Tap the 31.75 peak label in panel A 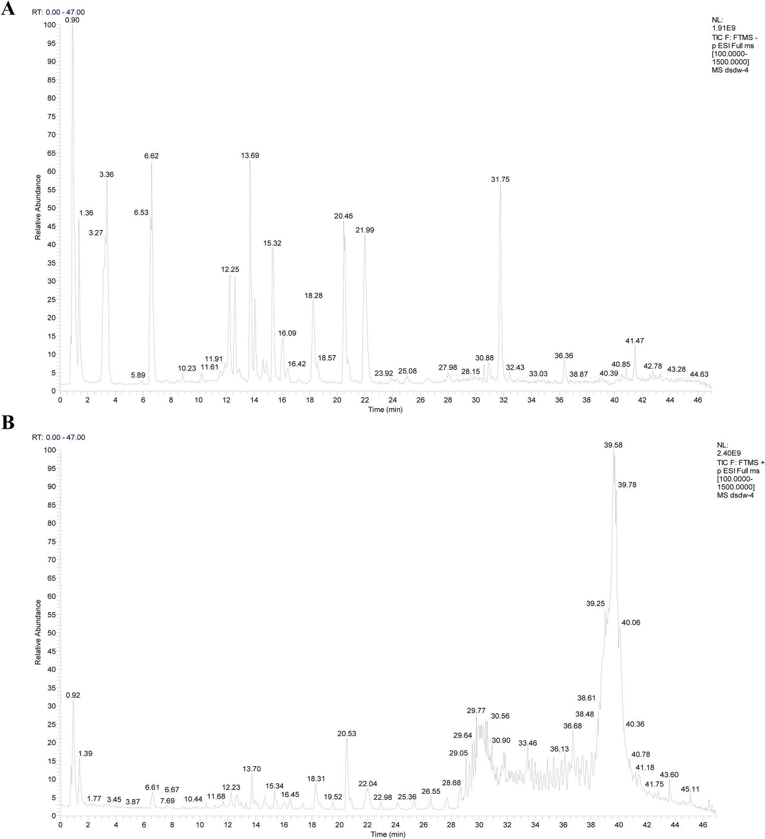500,179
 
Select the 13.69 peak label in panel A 250,155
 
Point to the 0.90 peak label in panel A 72,20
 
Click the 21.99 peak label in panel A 365,230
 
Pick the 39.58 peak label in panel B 613,445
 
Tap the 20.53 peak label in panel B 346,734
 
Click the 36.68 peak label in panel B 573,726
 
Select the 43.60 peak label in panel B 669,775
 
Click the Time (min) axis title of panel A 385,410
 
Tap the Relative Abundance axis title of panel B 38,632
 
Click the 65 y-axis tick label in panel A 51,153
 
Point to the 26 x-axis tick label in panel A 420,400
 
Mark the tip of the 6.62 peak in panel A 152,163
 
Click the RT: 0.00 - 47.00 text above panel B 58,438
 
